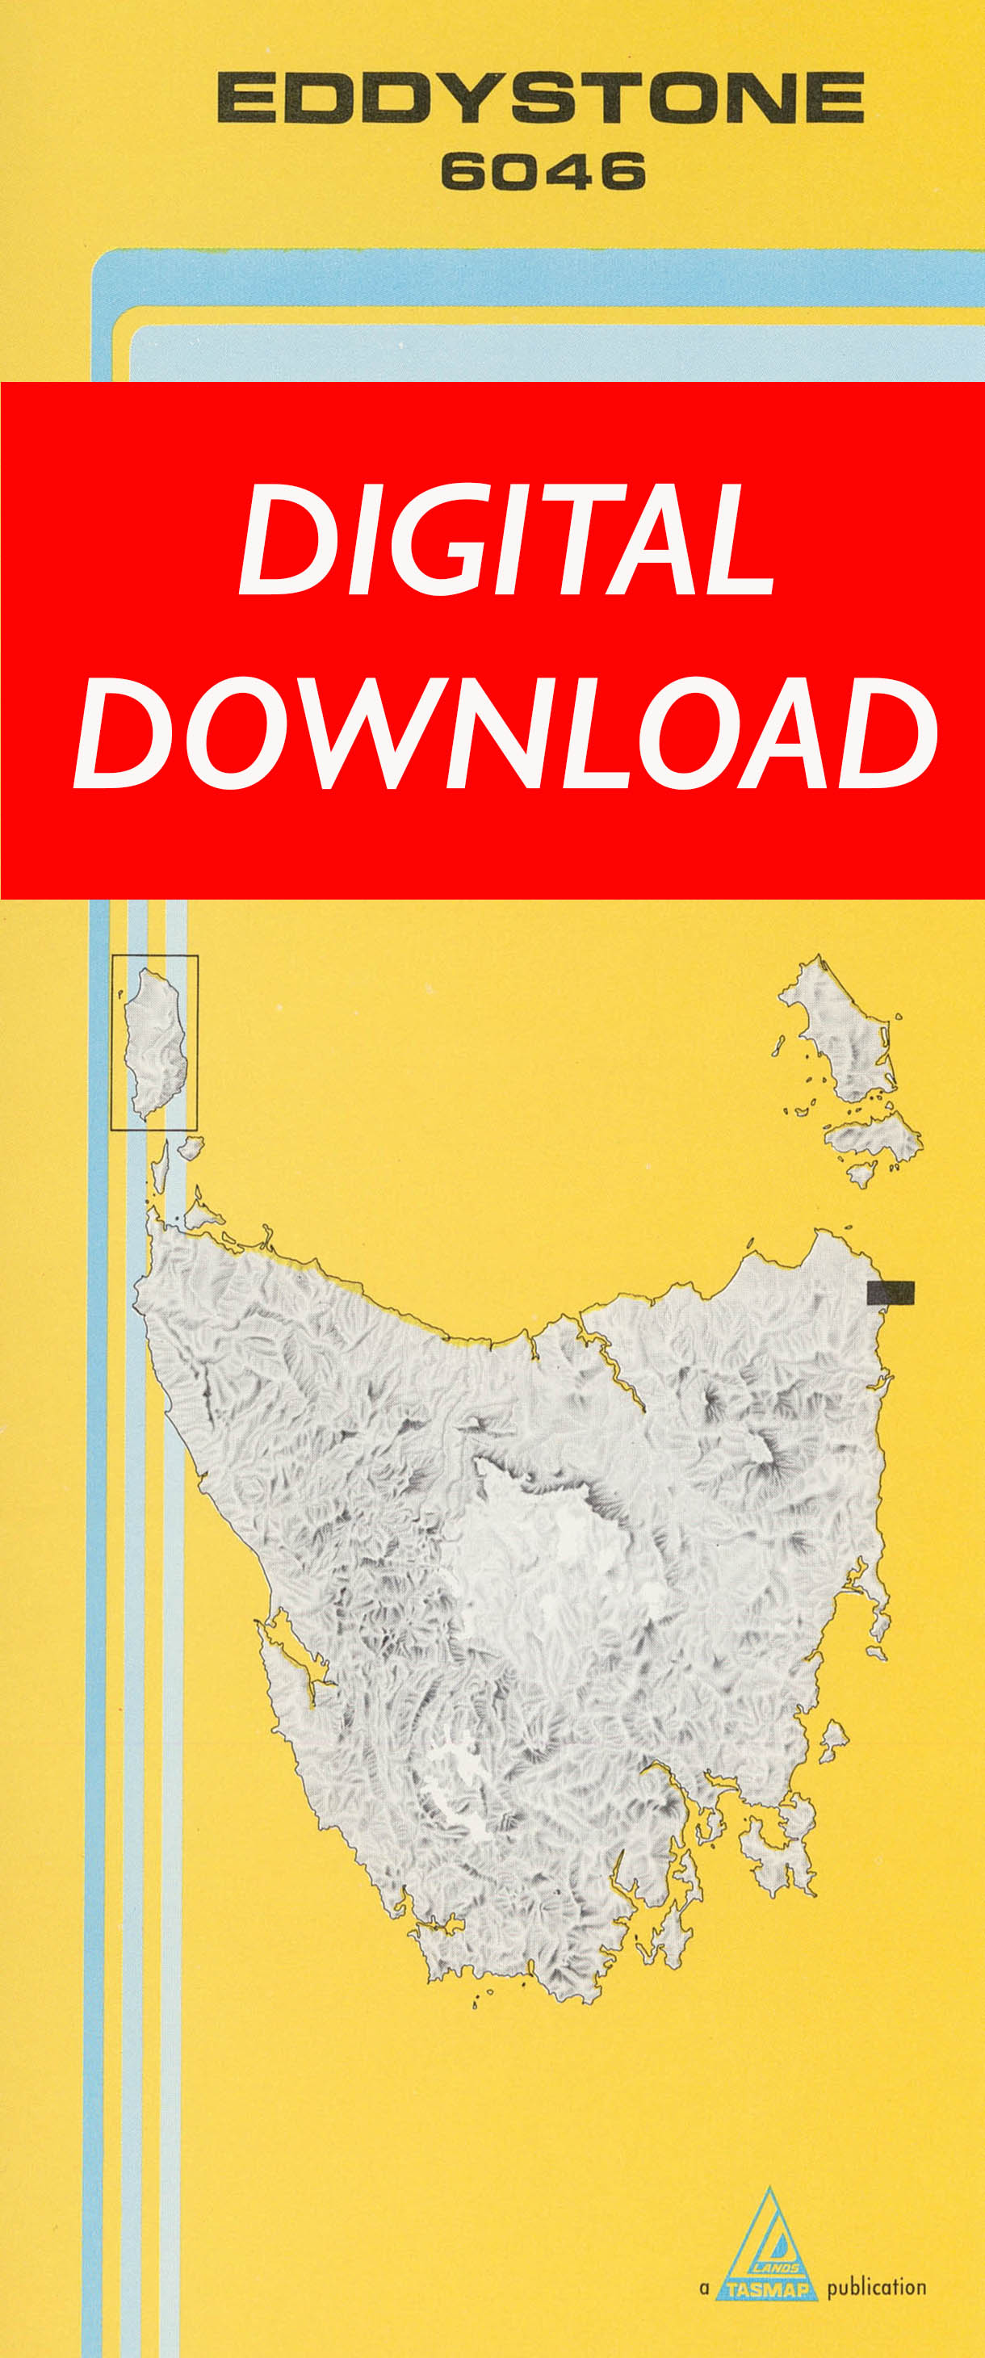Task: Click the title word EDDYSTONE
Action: pos(540,99)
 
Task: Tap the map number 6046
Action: pos(543,172)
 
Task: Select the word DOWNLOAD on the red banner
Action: pos(505,732)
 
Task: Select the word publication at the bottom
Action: pos(876,2289)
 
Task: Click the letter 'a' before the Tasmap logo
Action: pos(704,2289)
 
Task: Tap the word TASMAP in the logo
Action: pos(767,2290)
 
